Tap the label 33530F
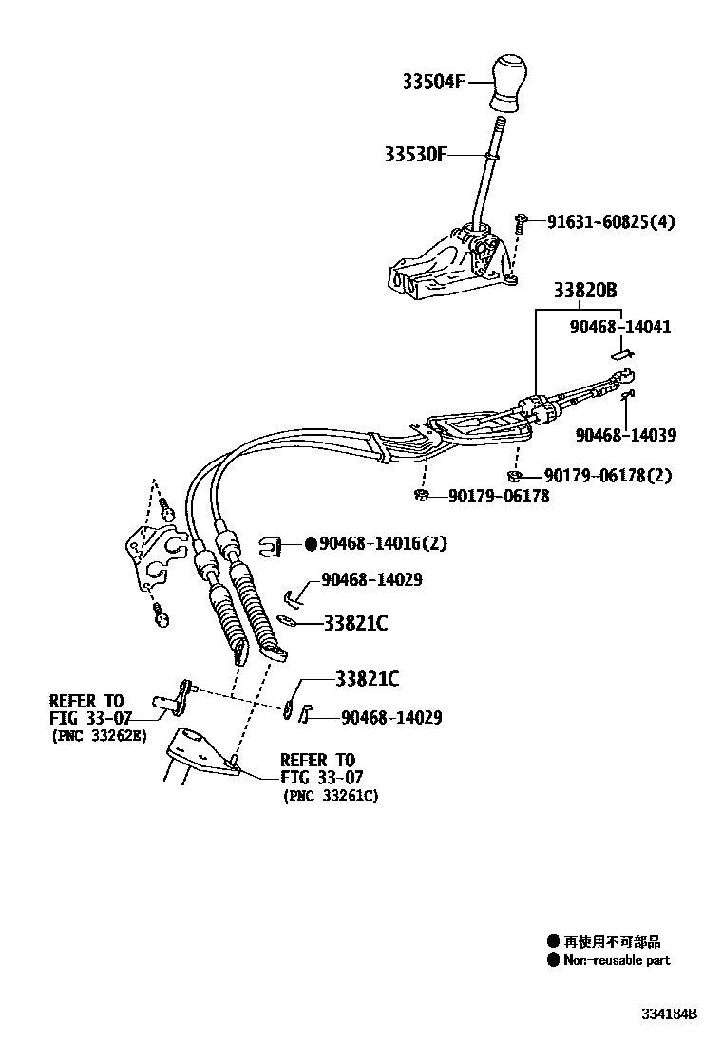pyautogui.click(x=416, y=154)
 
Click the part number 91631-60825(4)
pyautogui.click(x=610, y=222)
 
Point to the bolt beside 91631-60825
pyautogui.click(x=522, y=224)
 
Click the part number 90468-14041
pyautogui.click(x=620, y=327)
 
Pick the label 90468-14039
pyautogui.click(x=625, y=435)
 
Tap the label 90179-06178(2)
pyautogui.click(x=607, y=476)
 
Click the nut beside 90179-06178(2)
pyautogui.click(x=513, y=476)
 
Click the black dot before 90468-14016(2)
pyautogui.click(x=311, y=544)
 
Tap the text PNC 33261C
pyautogui.click(x=330, y=796)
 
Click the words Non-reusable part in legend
pyautogui.click(x=617, y=960)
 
